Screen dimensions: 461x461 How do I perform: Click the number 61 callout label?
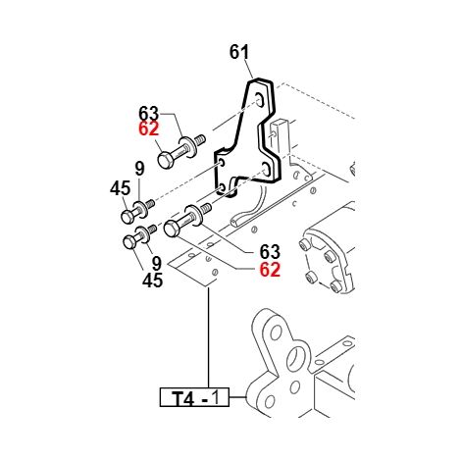tap(239, 52)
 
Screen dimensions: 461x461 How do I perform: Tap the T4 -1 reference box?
tap(194, 397)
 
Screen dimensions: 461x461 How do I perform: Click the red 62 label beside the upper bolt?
tap(149, 128)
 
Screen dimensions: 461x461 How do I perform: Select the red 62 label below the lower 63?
tap(270, 270)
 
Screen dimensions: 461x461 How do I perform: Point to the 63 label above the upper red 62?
tap(149, 114)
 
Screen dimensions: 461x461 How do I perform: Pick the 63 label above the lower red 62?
tap(270, 252)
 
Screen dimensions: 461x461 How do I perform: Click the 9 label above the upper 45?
tap(139, 169)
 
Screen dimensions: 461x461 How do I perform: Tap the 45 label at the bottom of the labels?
tap(152, 281)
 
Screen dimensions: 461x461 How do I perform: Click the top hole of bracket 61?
tap(260, 99)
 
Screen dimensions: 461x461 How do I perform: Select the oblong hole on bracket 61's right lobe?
tap(267, 169)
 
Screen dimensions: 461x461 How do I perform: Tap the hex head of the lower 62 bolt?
tap(172, 229)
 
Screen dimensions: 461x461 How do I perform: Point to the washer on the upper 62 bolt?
tap(188, 147)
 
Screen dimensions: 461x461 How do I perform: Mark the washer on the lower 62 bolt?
tap(195, 214)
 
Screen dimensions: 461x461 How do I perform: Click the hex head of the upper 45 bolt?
tap(128, 217)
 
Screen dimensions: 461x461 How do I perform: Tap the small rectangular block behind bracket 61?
tap(279, 137)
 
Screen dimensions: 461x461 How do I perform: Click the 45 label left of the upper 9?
tap(120, 188)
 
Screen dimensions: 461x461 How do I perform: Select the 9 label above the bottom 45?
tap(157, 263)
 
